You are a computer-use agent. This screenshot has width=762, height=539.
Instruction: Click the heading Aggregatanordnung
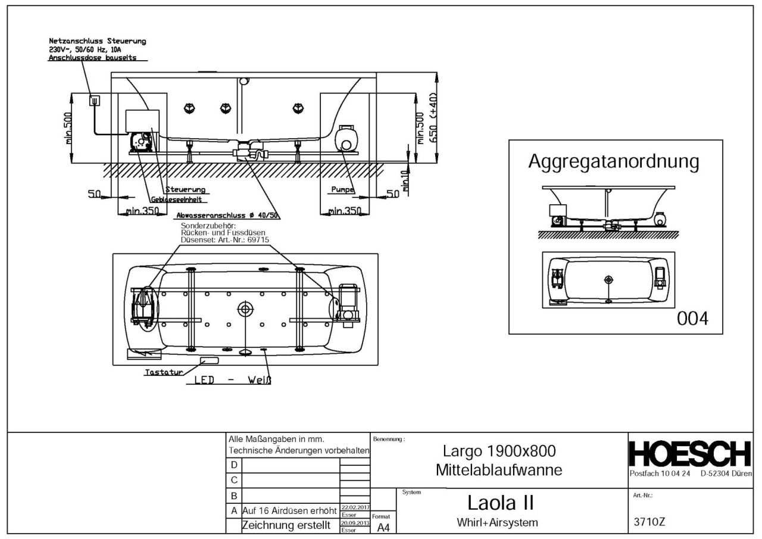[x=614, y=162]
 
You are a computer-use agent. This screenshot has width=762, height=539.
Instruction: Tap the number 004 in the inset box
[x=692, y=319]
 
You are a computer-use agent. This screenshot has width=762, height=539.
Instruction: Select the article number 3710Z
[x=650, y=522]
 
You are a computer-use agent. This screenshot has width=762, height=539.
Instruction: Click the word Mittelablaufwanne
[x=499, y=470]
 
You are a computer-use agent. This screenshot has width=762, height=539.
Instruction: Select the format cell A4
[x=382, y=526]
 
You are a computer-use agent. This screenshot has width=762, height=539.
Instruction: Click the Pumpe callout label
[x=343, y=189]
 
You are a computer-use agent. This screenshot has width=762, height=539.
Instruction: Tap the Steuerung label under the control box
[x=185, y=189]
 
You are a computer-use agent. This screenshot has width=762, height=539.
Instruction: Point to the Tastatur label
[x=162, y=373]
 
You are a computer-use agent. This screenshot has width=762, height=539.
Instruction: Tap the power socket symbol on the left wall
[x=94, y=101]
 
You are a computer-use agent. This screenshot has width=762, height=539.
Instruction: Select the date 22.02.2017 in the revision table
[x=355, y=507]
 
